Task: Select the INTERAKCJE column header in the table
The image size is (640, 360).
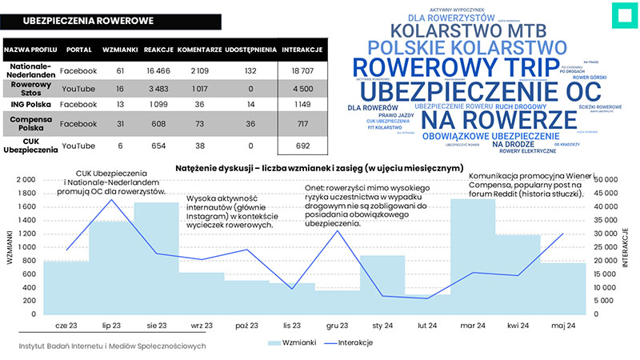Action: coord(302,50)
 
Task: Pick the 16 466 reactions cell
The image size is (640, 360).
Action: coord(158,70)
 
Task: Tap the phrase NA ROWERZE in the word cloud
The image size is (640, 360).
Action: coord(499,120)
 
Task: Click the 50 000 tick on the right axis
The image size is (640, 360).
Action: coord(610,180)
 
